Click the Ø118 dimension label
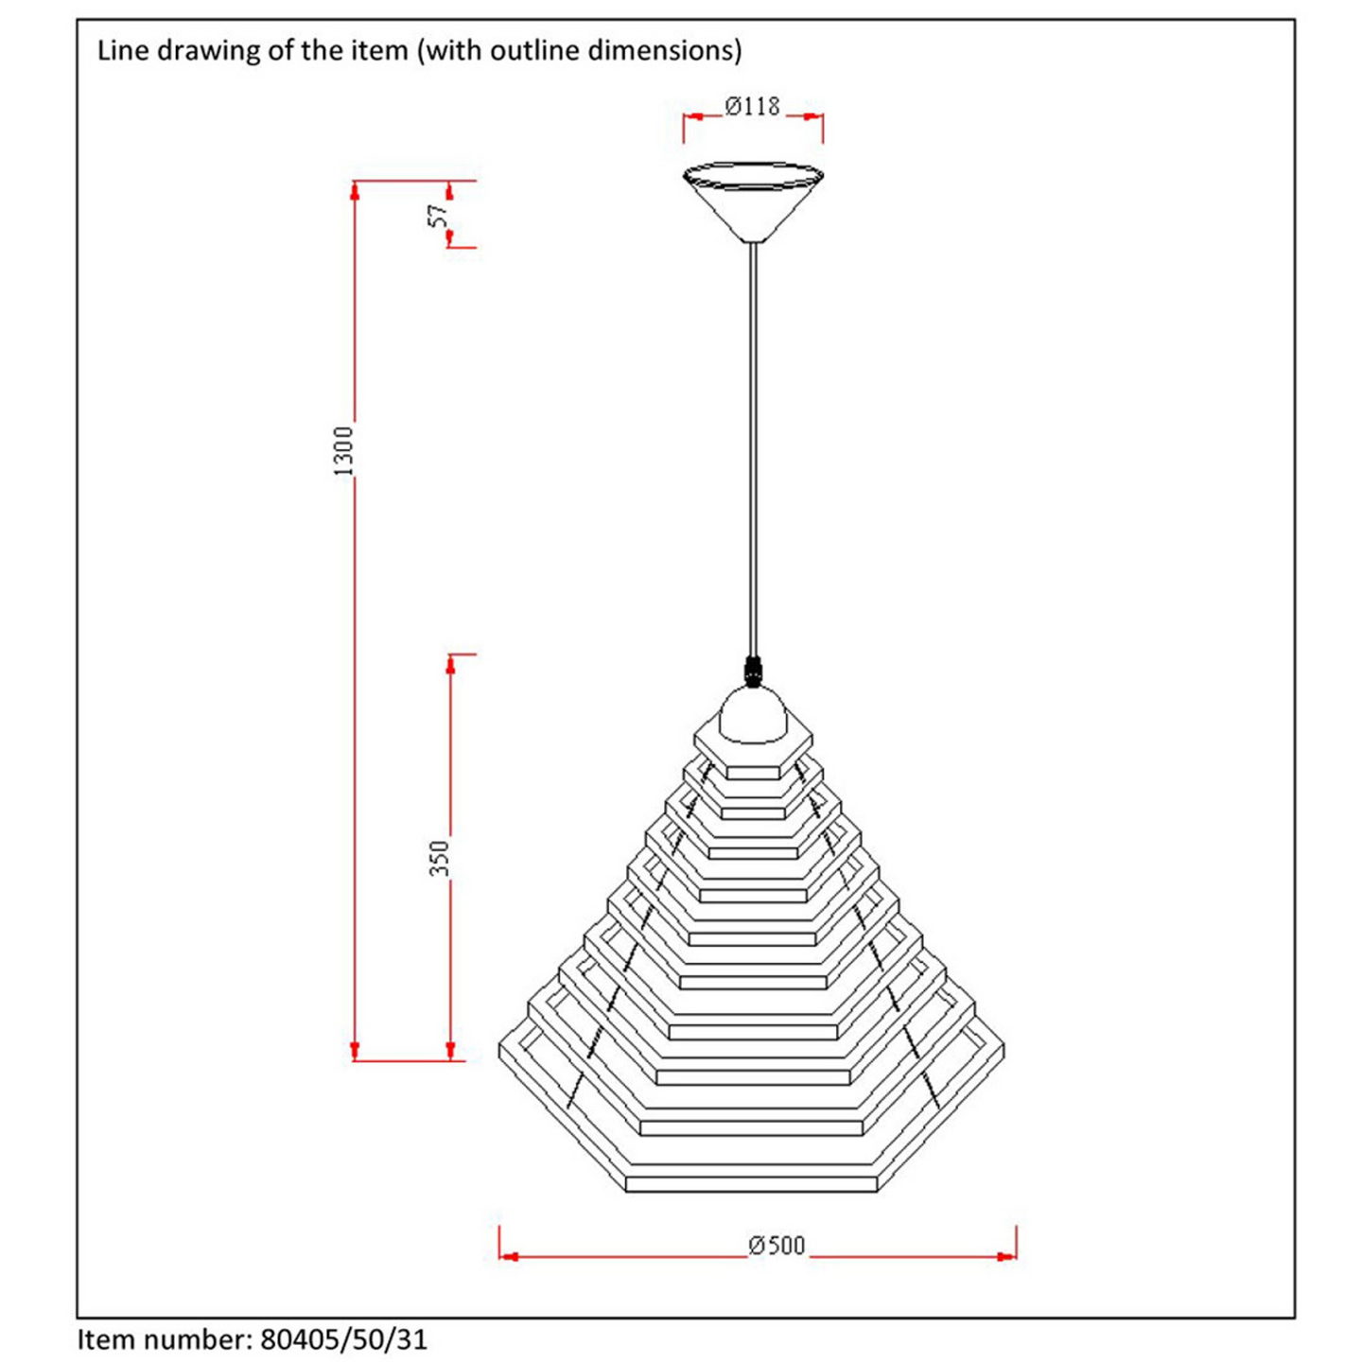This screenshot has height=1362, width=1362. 752,107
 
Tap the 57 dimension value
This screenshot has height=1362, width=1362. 438,215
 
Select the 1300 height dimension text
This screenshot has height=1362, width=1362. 343,451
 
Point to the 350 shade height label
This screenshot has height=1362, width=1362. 440,857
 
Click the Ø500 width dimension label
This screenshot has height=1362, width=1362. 777,1245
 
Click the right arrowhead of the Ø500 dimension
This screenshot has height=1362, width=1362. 1006,1257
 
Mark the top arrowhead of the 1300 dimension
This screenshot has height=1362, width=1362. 355,192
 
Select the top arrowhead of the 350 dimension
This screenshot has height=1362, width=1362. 450,665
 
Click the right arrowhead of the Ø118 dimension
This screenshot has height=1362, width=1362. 812,117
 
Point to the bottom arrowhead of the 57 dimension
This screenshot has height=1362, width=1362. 450,237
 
